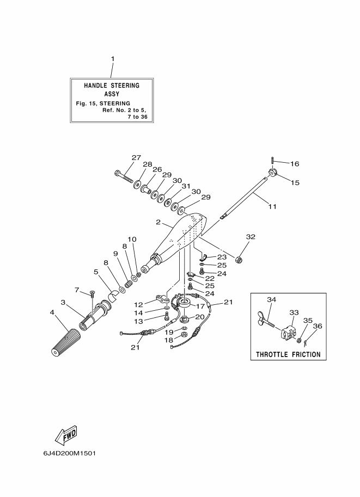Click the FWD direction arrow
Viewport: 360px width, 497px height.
click(66, 435)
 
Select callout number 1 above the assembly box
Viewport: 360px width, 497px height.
click(112, 59)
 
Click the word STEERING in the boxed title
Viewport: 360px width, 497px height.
click(125, 85)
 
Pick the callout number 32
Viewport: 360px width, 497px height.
click(251, 237)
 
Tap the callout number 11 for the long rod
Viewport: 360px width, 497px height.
click(272, 207)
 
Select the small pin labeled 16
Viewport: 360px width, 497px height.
click(272, 161)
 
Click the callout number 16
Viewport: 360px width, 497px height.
click(295, 164)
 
